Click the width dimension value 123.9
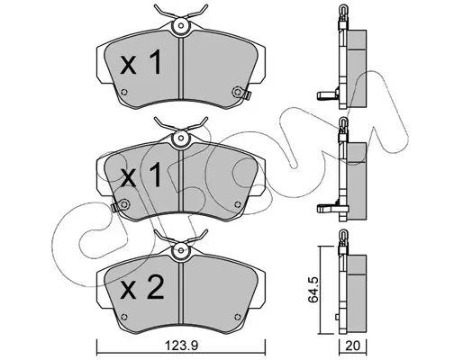coord(182,346)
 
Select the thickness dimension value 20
coord(353,346)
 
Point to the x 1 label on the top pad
coord(141,62)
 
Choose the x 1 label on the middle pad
coord(141,175)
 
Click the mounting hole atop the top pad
coord(180,26)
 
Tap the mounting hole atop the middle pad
coord(180,138)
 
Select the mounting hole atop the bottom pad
coord(180,250)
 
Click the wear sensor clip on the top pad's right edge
coord(248,95)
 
